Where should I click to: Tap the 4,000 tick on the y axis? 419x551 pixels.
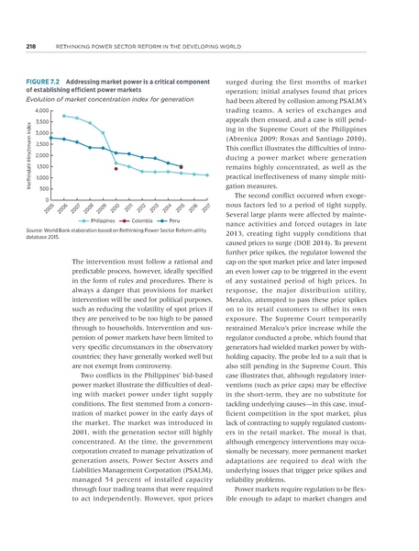[41, 111]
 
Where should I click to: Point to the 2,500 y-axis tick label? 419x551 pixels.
[41, 144]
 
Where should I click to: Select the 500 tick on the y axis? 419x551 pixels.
[44, 189]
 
